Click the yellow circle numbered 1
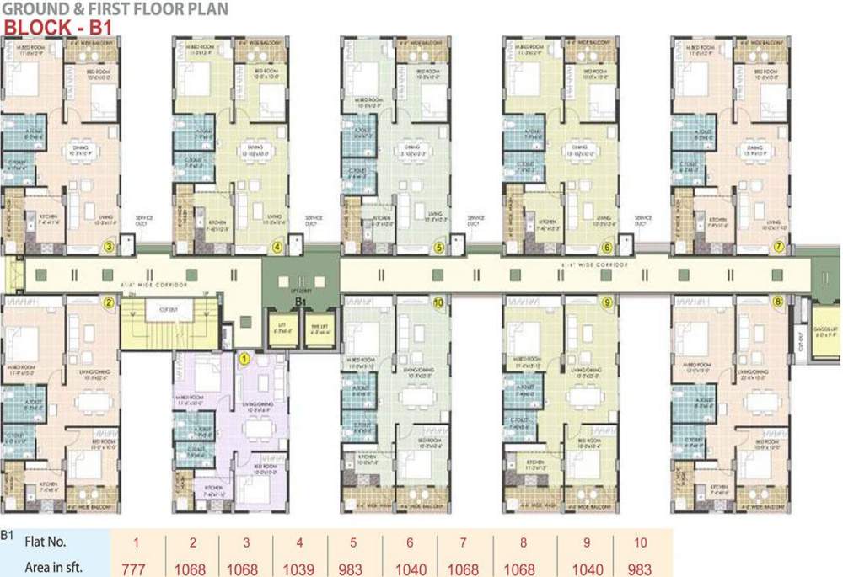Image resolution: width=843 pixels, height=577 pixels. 244,358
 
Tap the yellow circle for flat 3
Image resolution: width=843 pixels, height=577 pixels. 108,247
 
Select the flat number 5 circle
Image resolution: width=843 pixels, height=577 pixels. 438,248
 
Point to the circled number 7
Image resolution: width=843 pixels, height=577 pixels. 779,247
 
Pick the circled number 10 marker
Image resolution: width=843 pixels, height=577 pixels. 438,302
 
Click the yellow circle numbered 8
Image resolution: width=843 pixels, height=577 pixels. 777,301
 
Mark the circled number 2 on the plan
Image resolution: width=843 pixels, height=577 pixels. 108,302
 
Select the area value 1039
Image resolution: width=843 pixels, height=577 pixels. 300,567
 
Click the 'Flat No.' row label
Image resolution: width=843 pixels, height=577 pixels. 46,542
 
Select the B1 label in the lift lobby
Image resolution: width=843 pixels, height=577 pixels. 298,299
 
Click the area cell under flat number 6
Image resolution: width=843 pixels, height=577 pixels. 409,567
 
